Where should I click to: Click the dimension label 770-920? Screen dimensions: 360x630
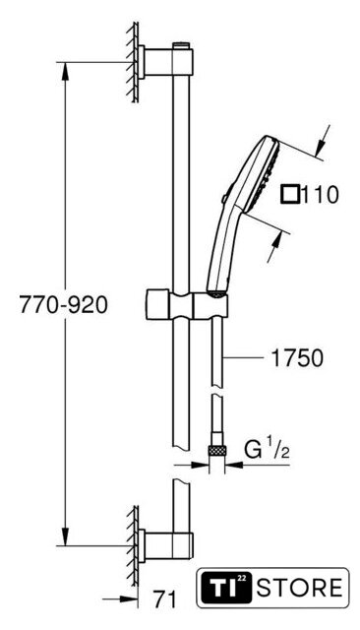63,305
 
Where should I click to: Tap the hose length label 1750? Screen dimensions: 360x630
297,358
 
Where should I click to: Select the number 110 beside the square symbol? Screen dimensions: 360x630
320,195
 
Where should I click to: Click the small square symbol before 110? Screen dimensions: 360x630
290,195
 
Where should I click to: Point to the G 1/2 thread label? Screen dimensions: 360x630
267,451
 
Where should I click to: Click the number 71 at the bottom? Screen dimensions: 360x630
164,599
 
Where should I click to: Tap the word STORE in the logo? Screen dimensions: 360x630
299,588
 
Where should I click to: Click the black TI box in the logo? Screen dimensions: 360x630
225,588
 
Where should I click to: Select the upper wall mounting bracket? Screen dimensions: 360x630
166,62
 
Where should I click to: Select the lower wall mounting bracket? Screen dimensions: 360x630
166,546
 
